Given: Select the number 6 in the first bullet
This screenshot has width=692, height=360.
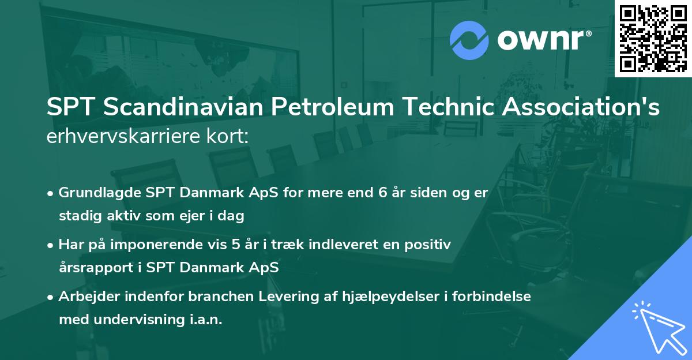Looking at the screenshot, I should (382, 193).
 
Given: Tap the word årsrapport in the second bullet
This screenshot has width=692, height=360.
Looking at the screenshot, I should (91, 268).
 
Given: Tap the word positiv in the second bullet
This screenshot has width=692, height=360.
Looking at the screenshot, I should (430, 245).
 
